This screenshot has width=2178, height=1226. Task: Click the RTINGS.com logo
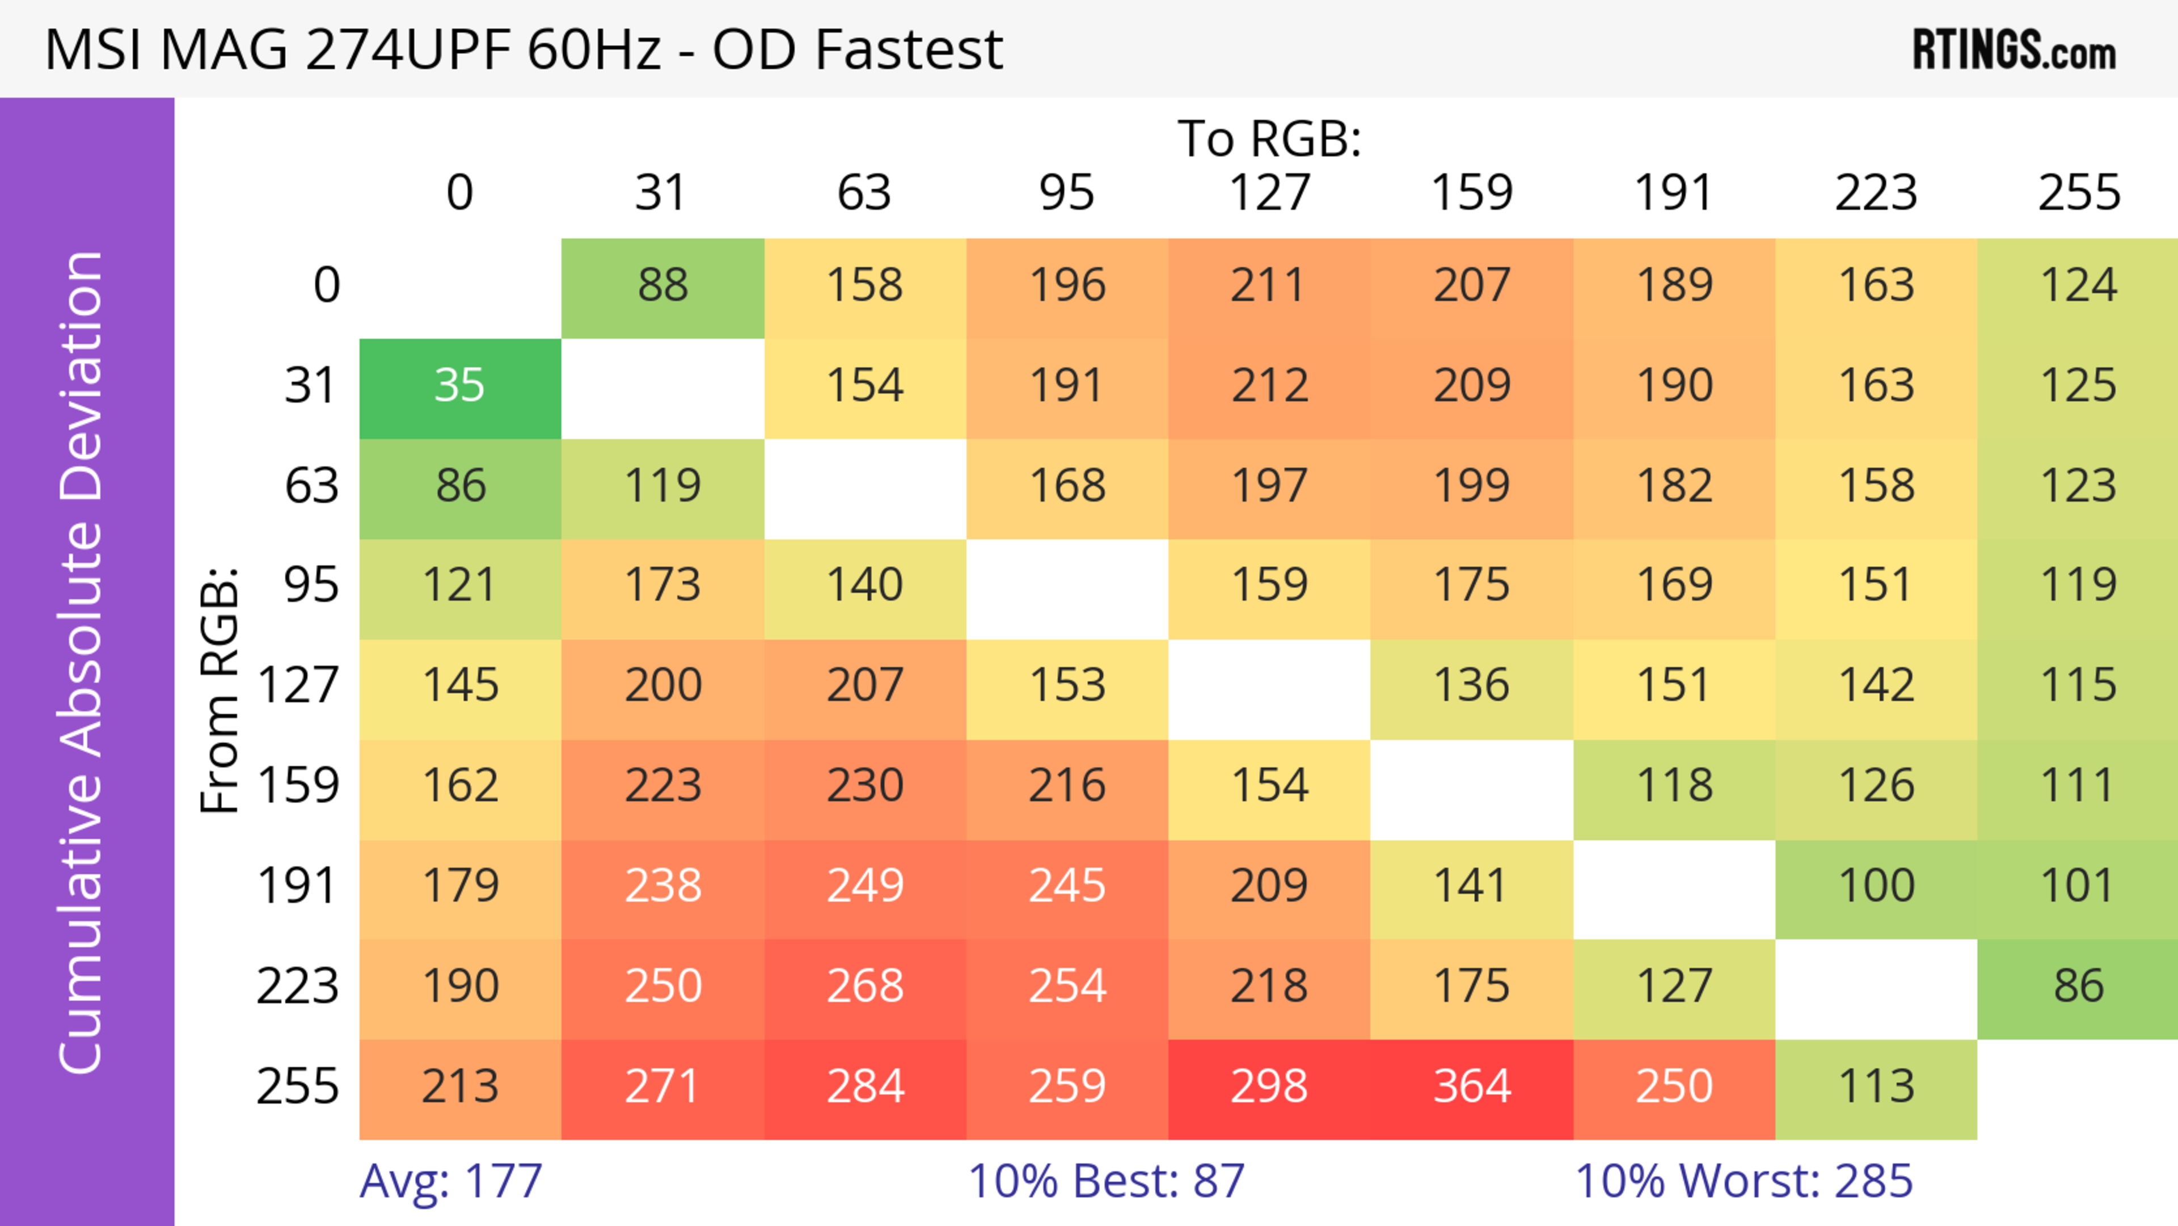(2014, 50)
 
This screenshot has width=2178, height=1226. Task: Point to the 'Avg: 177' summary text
(451, 1181)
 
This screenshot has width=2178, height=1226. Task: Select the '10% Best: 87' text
(1106, 1181)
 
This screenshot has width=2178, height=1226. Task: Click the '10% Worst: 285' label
(1744, 1181)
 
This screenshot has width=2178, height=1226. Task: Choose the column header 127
(1269, 193)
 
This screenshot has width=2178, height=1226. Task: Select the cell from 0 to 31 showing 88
(663, 287)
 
